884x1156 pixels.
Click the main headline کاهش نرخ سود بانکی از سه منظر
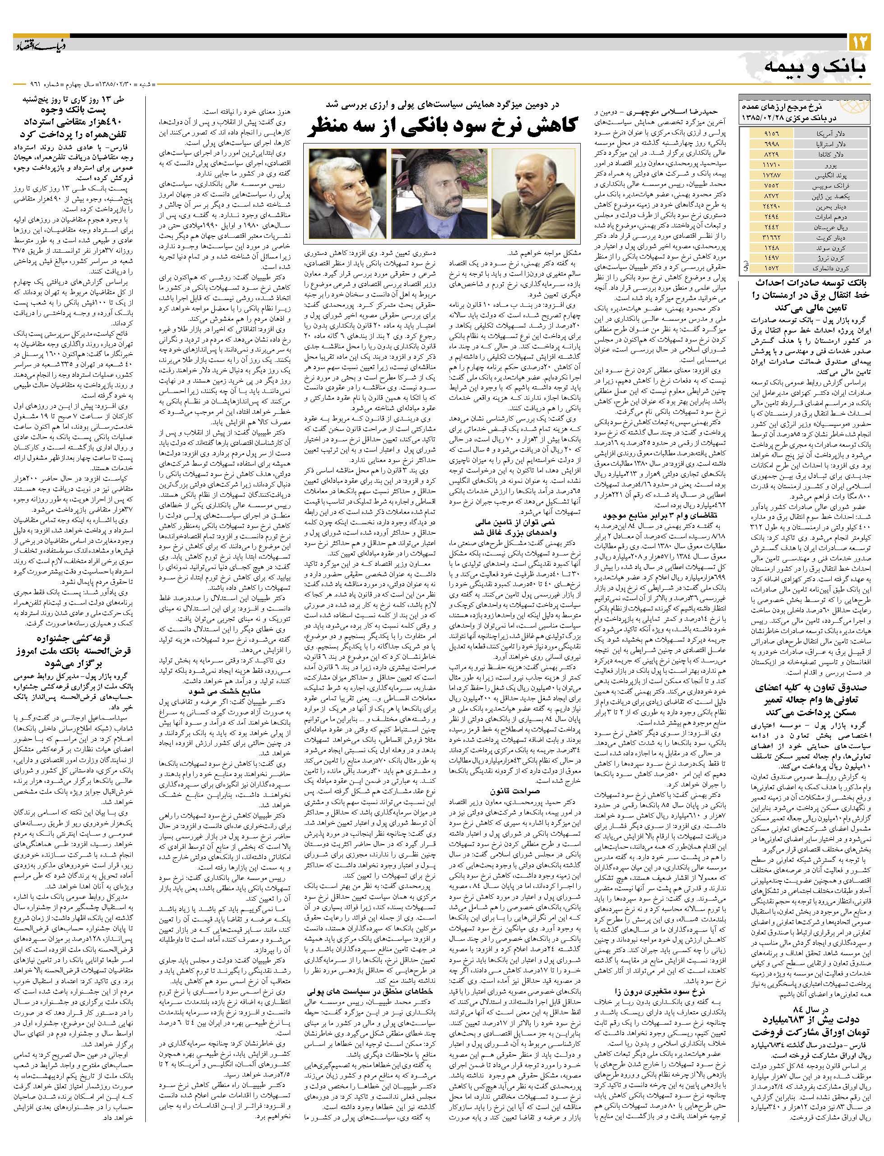tap(443, 126)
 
